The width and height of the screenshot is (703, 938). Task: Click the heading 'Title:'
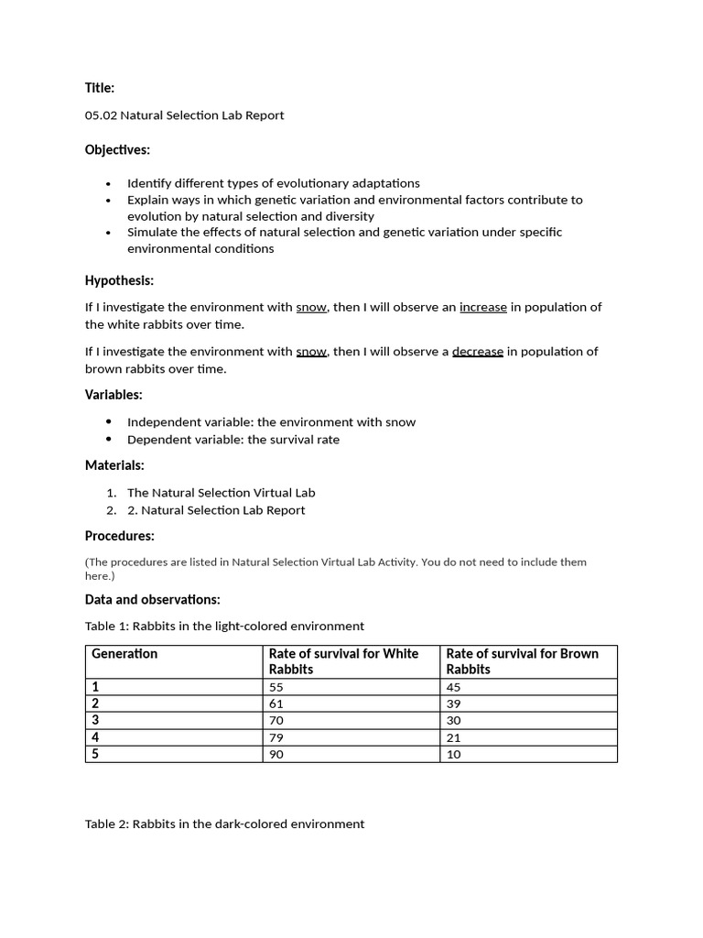pyautogui.click(x=100, y=88)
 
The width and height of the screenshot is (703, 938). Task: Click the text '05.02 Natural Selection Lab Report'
pyautogui.click(x=184, y=115)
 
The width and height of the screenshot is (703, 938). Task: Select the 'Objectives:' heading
pyautogui.click(x=117, y=149)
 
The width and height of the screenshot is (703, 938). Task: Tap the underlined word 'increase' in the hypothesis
pyautogui.click(x=482, y=308)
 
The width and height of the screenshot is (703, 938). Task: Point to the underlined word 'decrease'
pyautogui.click(x=477, y=352)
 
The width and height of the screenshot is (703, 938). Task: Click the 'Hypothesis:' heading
pyautogui.click(x=119, y=280)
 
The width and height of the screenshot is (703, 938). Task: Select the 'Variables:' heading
pyautogui.click(x=114, y=395)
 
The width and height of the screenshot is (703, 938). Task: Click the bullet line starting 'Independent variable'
pyautogui.click(x=271, y=422)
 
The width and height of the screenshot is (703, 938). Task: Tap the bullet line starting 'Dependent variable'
pyautogui.click(x=233, y=440)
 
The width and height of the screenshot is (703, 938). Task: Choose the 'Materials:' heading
pyautogui.click(x=114, y=465)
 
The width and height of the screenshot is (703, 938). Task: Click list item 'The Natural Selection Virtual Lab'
pyautogui.click(x=221, y=493)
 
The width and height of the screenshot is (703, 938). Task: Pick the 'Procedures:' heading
pyautogui.click(x=119, y=536)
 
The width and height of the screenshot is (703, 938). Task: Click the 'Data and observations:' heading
pyautogui.click(x=152, y=600)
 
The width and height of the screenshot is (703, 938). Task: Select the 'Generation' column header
pyautogui.click(x=124, y=654)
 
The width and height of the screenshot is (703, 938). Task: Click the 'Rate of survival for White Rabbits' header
pyautogui.click(x=343, y=661)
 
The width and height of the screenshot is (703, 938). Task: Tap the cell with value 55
pyautogui.click(x=276, y=687)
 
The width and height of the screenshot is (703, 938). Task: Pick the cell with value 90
pyautogui.click(x=276, y=754)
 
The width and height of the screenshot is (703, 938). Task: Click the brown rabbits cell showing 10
pyautogui.click(x=454, y=754)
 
